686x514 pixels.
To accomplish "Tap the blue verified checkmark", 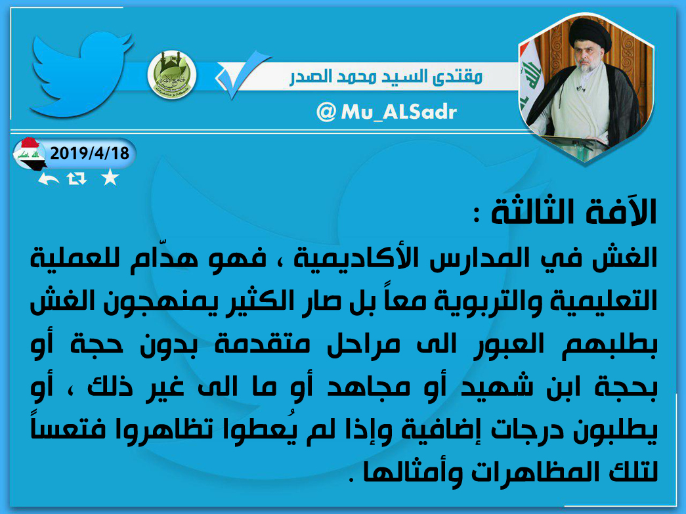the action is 242,74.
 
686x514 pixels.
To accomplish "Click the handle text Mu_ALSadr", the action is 398,112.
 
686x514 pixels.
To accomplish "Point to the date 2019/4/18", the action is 90,153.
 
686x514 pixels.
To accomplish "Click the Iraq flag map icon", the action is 29,154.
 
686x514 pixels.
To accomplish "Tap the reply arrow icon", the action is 48,179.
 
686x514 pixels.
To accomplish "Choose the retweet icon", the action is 77,179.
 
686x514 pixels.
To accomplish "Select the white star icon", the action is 110,178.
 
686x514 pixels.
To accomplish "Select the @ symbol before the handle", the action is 326,112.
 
